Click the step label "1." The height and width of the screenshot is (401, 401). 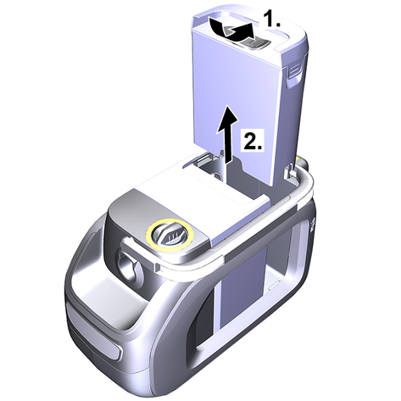[272, 19]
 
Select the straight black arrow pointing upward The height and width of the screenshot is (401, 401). [226, 133]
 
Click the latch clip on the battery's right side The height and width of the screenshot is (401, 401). [294, 74]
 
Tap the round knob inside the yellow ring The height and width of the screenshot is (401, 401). [170, 235]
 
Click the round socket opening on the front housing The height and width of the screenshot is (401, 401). [128, 265]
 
